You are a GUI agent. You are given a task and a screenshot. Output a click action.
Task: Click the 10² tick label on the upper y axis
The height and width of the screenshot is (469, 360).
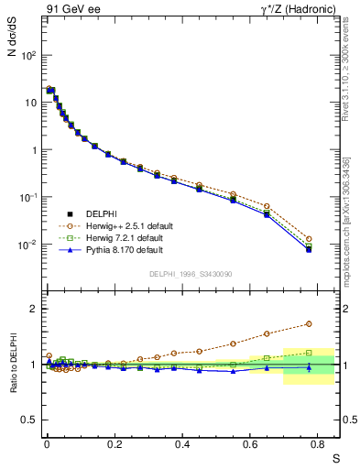point(28,55)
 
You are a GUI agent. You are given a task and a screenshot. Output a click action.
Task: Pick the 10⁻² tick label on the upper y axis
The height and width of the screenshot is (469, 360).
point(28,245)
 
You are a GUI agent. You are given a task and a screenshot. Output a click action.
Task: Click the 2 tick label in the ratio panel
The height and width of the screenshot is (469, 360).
point(34,309)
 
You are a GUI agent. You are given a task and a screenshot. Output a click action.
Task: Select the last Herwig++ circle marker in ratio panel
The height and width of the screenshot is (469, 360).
point(309,324)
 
